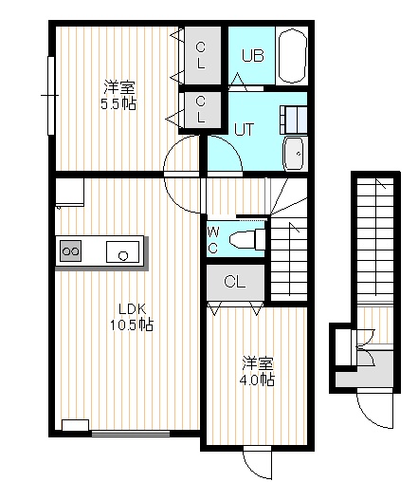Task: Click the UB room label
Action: (x=253, y=56)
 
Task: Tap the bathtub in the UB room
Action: (x=293, y=56)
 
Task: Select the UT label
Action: (x=244, y=129)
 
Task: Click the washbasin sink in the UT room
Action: (x=295, y=154)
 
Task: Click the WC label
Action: (x=213, y=241)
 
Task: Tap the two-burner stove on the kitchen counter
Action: (x=70, y=250)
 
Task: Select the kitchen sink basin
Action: (x=122, y=251)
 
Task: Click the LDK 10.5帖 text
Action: (x=132, y=317)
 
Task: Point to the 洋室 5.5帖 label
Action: (x=118, y=96)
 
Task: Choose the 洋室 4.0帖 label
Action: (x=257, y=372)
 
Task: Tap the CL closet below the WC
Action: (x=235, y=282)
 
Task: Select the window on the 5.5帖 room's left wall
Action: (x=50, y=96)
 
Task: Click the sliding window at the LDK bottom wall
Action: (x=131, y=433)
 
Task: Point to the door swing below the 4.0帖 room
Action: (x=257, y=463)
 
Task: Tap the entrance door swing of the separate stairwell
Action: (x=375, y=410)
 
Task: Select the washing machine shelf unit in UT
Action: (x=293, y=120)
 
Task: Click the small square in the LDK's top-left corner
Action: (x=69, y=193)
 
